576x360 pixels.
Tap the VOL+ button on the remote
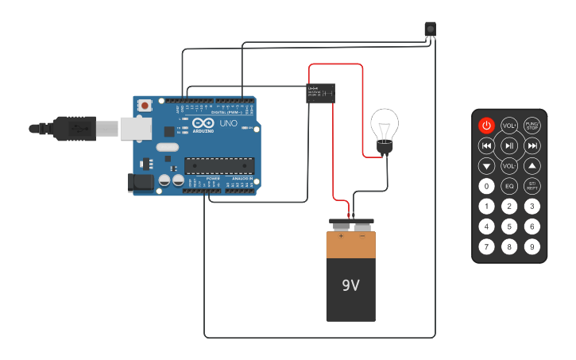[509, 126]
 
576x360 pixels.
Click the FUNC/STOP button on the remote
[532, 126]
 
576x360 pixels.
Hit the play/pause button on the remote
[509, 145]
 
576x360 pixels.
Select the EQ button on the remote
[509, 186]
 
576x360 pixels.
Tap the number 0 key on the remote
[486, 186]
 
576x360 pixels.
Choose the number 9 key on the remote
[532, 247]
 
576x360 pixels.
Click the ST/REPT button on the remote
[532, 186]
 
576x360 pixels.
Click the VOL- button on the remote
[509, 166]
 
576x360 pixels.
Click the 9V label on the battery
[350, 285]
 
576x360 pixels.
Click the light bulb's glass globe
[385, 124]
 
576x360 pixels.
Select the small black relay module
[320, 93]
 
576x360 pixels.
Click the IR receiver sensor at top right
[430, 29]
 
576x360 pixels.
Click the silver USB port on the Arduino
[135, 128]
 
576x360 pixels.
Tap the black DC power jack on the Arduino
[141, 182]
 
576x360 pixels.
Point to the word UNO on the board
[228, 124]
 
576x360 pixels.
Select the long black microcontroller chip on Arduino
[219, 165]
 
